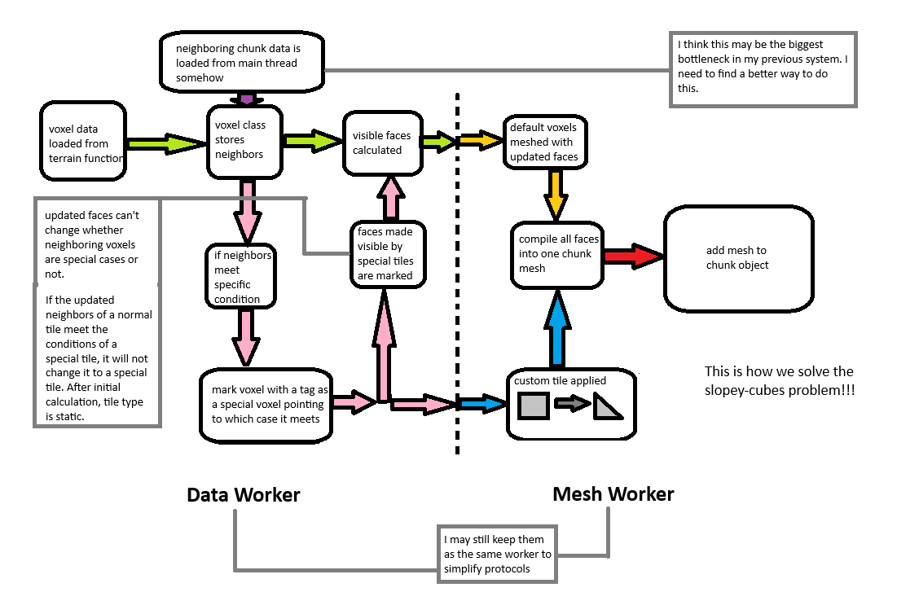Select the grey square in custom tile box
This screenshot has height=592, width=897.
[533, 405]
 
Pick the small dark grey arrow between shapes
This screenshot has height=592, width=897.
[570, 402]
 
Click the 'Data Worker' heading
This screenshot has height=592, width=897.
[243, 494]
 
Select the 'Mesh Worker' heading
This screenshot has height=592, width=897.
[613, 493]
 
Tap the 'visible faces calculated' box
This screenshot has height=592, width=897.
[383, 143]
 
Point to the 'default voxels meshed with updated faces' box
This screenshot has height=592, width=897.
[544, 142]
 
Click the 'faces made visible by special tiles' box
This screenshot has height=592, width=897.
[387, 252]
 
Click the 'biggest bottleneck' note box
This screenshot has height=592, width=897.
[763, 69]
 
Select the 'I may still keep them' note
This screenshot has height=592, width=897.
[497, 554]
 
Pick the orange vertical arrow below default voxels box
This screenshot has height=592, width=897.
[557, 193]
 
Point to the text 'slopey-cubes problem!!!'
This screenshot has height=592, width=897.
[780, 390]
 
